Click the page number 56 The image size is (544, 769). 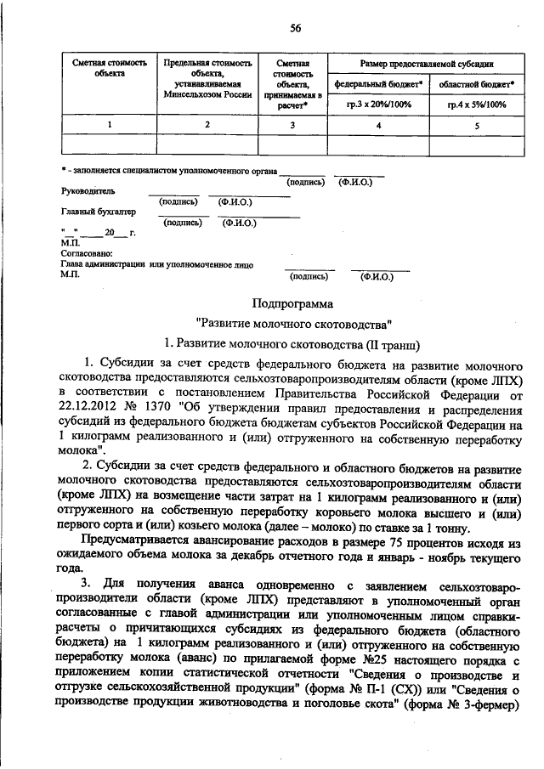295,27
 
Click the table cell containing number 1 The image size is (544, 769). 109,126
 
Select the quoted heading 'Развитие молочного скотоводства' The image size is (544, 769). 293,323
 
